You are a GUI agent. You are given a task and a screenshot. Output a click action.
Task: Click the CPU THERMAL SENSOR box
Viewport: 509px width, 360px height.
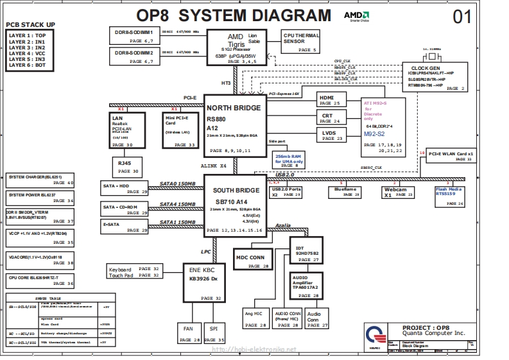pyautogui.click(x=300, y=41)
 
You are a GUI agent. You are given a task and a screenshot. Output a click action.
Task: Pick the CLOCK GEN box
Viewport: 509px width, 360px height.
pyautogui.click(x=434, y=78)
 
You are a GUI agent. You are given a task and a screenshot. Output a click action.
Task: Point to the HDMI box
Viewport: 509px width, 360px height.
pyautogui.click(x=332, y=99)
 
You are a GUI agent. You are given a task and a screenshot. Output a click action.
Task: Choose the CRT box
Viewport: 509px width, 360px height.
pyautogui.click(x=332, y=117)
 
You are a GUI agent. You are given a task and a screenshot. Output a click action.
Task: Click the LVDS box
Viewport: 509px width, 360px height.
pyautogui.click(x=332, y=135)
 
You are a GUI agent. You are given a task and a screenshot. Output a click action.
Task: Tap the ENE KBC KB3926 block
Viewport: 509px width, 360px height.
pyautogui.click(x=203, y=282)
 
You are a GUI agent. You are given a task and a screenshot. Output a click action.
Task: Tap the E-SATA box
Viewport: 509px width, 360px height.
pyautogui.click(x=125, y=227)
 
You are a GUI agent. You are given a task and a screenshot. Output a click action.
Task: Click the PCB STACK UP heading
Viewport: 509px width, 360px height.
pyautogui.click(x=30, y=24)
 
